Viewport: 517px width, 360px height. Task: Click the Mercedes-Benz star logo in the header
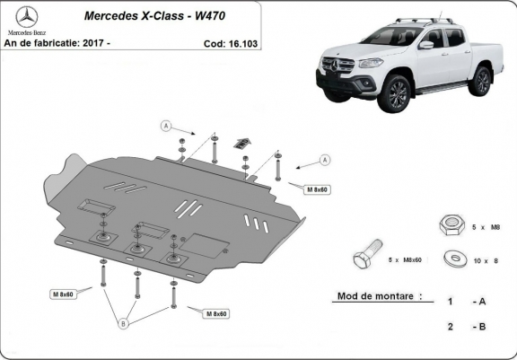point(27,17)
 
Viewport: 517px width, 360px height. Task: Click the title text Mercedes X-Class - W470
point(154,16)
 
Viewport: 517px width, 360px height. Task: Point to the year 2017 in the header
point(93,43)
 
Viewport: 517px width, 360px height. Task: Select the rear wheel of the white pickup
point(481,81)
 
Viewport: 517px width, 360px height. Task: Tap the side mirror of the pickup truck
point(426,45)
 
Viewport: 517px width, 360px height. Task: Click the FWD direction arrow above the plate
point(242,143)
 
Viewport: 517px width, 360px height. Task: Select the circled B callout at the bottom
point(123,324)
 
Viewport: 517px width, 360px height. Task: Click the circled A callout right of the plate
point(325,160)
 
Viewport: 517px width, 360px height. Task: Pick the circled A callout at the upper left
point(166,126)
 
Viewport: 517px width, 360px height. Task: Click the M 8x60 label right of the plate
point(317,189)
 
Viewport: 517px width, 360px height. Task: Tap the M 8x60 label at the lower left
point(63,294)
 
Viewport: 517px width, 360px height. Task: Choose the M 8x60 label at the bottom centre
point(216,313)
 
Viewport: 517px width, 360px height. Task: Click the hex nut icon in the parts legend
point(451,225)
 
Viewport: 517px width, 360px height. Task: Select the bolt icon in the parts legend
point(368,254)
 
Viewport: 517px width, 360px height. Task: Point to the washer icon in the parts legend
point(455,259)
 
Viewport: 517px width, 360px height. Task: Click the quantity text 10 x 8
point(486,261)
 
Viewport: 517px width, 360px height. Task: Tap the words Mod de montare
point(375,296)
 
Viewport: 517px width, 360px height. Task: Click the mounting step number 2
point(451,327)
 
